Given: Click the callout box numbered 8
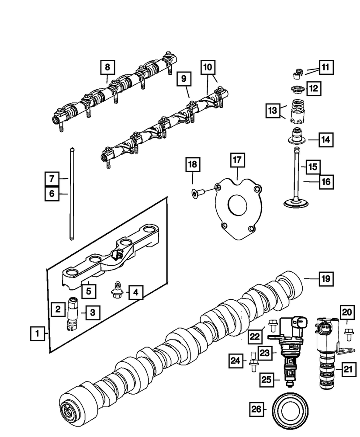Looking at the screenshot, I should [107, 67].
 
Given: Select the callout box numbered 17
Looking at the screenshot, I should [236, 160].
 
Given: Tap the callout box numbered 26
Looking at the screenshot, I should [257, 409].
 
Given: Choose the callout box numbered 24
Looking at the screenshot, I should [235, 361].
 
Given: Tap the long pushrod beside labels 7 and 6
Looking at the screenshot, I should [70, 192].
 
